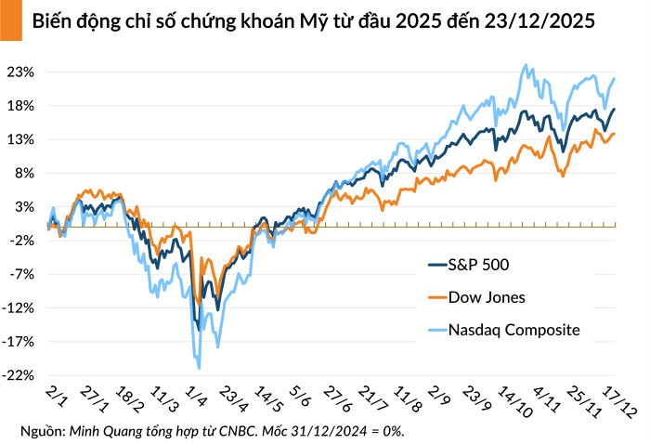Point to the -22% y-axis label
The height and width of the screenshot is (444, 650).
point(20,375)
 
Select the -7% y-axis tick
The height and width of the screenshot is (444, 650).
point(23,274)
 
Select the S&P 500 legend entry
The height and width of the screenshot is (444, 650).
point(478,265)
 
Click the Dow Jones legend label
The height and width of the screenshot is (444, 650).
point(487,297)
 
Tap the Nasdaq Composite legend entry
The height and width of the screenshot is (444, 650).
point(513,330)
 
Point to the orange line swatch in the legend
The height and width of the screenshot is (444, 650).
point(435,297)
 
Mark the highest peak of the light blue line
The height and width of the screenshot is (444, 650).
point(527,65)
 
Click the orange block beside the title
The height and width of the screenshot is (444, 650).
point(10,20)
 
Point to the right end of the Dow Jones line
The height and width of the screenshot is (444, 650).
point(614,134)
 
